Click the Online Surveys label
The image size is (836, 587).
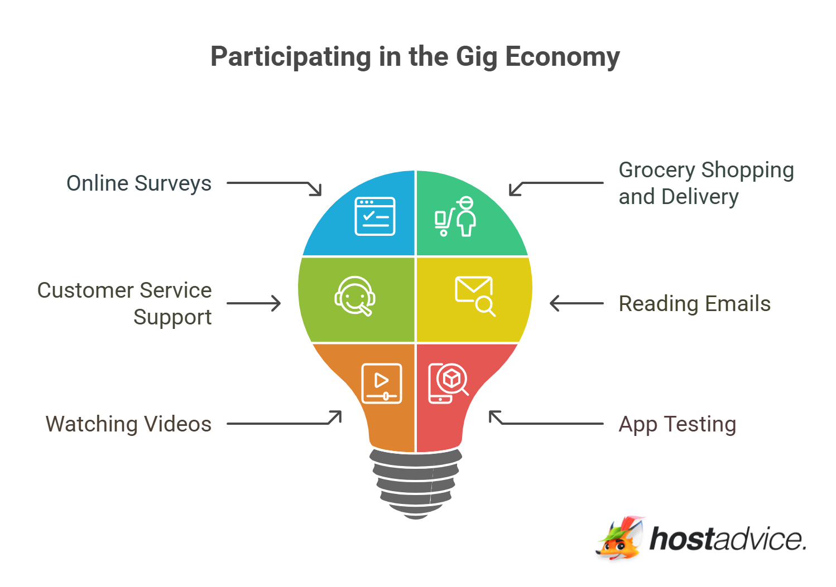click(x=139, y=184)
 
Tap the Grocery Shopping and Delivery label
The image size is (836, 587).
click(x=706, y=183)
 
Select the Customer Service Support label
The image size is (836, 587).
click(x=124, y=304)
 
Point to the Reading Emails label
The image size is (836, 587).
click(x=695, y=304)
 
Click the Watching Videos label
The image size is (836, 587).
click(x=128, y=424)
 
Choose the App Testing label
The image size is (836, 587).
click(x=678, y=425)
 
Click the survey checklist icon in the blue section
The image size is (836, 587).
click(x=374, y=216)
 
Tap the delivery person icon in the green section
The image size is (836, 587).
click(x=455, y=216)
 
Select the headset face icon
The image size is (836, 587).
click(x=354, y=297)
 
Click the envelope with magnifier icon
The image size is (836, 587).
click(x=475, y=297)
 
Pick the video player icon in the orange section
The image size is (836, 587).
click(x=381, y=384)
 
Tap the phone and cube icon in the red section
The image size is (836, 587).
click(x=448, y=384)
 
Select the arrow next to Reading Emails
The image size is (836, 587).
click(x=576, y=303)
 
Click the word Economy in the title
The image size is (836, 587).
click(x=563, y=57)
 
